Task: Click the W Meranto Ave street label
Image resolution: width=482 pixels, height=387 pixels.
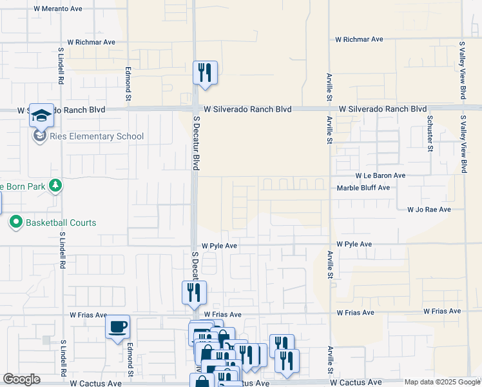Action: (x=59, y=9)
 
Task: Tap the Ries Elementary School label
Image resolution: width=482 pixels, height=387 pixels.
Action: (x=97, y=136)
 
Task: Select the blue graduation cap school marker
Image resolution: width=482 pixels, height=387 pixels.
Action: (x=41, y=116)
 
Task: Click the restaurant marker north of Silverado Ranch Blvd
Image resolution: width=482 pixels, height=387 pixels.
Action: (x=205, y=73)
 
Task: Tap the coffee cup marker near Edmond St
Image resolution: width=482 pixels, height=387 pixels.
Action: (x=117, y=327)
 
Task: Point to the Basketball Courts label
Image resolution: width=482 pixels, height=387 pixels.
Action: (x=61, y=223)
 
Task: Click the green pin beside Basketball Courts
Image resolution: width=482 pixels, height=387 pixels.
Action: (x=15, y=223)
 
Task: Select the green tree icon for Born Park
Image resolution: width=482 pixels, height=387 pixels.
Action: (x=55, y=186)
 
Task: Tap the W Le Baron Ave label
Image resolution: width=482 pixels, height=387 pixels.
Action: (x=380, y=175)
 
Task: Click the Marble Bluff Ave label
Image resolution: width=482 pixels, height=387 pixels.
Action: (x=364, y=188)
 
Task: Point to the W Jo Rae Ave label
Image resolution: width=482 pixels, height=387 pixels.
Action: (x=429, y=210)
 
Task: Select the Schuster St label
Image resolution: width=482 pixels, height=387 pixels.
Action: (x=429, y=132)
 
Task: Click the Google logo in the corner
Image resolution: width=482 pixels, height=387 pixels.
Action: (x=22, y=379)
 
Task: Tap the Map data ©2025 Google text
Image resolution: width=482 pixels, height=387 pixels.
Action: (x=441, y=382)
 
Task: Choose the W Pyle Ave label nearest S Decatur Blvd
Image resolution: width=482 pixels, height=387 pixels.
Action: (x=220, y=246)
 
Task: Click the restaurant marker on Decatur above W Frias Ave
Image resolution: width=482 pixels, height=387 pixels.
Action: (x=193, y=293)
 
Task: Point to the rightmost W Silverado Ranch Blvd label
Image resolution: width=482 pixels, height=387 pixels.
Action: (x=383, y=109)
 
